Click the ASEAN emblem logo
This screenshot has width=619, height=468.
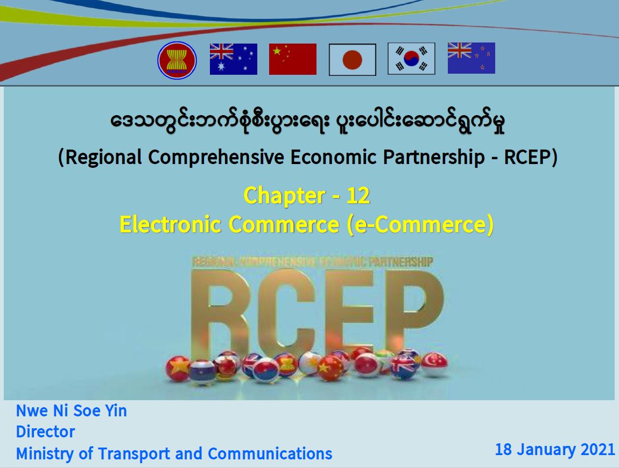coord(177,60)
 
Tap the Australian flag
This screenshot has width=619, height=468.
coord(233,59)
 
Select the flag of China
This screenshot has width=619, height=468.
coord(292,59)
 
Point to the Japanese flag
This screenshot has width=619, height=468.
coord(352,60)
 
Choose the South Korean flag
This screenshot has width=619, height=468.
coord(411,59)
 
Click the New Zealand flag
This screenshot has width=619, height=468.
coord(472,58)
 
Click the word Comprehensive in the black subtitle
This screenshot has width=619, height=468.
coord(216,157)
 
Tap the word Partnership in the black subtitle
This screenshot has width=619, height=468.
coord(434,157)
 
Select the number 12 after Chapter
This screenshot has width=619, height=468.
coord(358,195)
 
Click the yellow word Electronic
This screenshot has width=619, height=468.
coord(170,224)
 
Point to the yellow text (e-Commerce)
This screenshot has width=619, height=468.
coord(420,224)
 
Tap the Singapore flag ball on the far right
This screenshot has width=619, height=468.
coord(434,364)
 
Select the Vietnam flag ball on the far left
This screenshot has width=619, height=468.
coord(178,368)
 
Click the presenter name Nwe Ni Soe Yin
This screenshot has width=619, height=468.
coord(72,411)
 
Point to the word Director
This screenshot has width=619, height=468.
coord(45,432)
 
